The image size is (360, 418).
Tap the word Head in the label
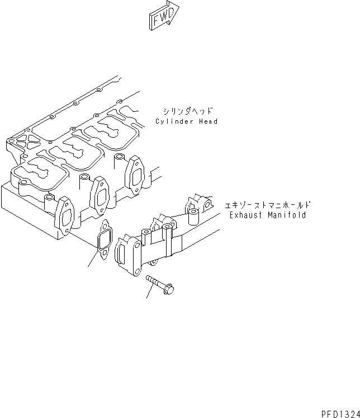(208, 121)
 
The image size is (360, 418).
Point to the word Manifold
(287, 215)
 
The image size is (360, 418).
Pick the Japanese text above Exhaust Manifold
(267, 205)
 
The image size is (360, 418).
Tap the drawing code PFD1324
(340, 414)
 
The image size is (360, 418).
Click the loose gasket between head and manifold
(105, 239)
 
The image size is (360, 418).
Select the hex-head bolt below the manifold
(160, 285)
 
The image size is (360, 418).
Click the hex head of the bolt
(169, 289)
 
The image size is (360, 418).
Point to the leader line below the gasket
(93, 258)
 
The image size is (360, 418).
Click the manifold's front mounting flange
(128, 255)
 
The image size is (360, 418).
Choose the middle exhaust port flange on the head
(100, 195)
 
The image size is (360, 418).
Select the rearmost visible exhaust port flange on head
(135, 175)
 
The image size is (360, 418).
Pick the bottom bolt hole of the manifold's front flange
(137, 271)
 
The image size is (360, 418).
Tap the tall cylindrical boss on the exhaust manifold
(193, 216)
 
